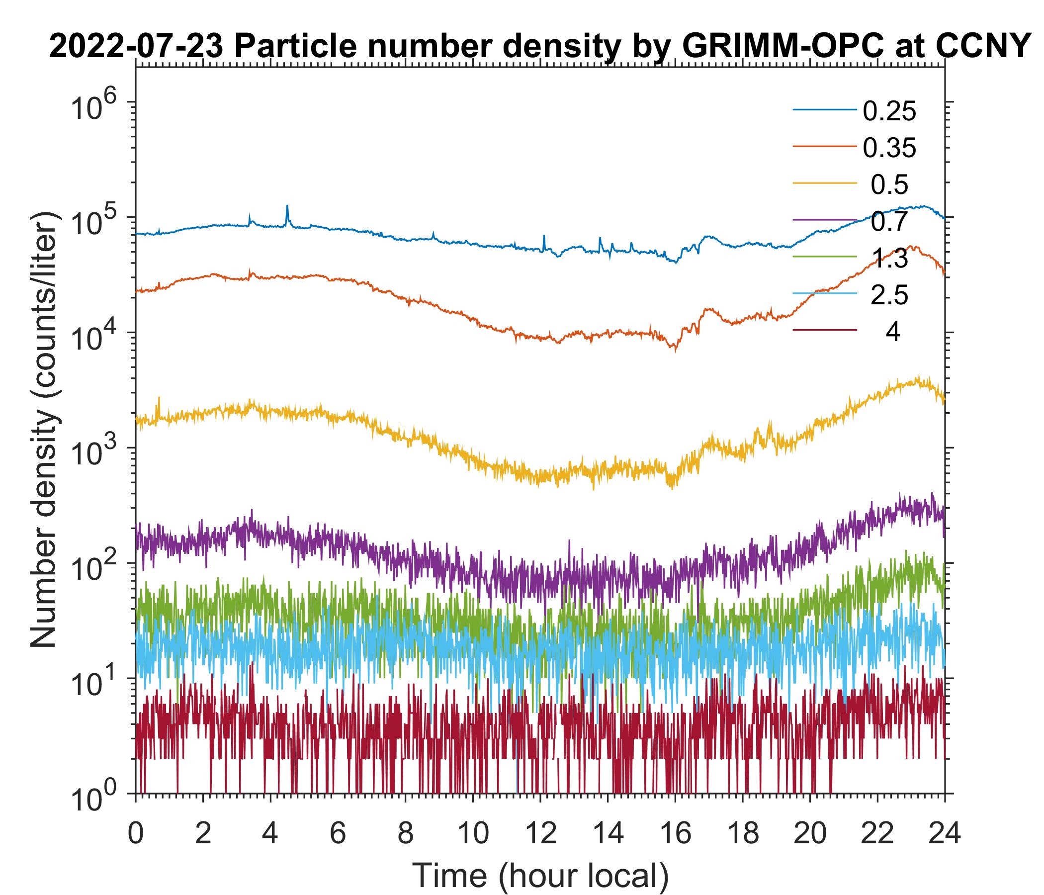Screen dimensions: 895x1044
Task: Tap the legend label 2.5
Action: [889, 296]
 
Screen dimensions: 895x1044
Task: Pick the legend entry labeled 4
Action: [892, 333]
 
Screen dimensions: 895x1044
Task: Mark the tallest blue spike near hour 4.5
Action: [287, 206]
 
